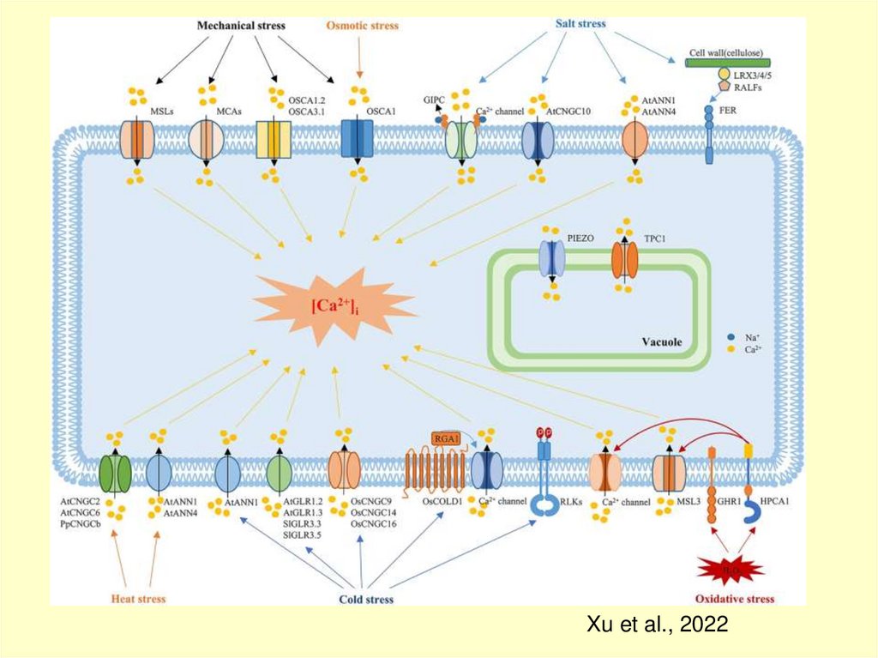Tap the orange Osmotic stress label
(362, 26)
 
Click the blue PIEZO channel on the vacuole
(552, 258)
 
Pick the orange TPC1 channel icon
(625, 258)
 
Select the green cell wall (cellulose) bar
(728, 63)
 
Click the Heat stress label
(138, 598)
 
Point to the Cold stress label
(365, 599)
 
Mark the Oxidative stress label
(735, 599)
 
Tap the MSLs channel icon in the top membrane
(138, 139)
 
